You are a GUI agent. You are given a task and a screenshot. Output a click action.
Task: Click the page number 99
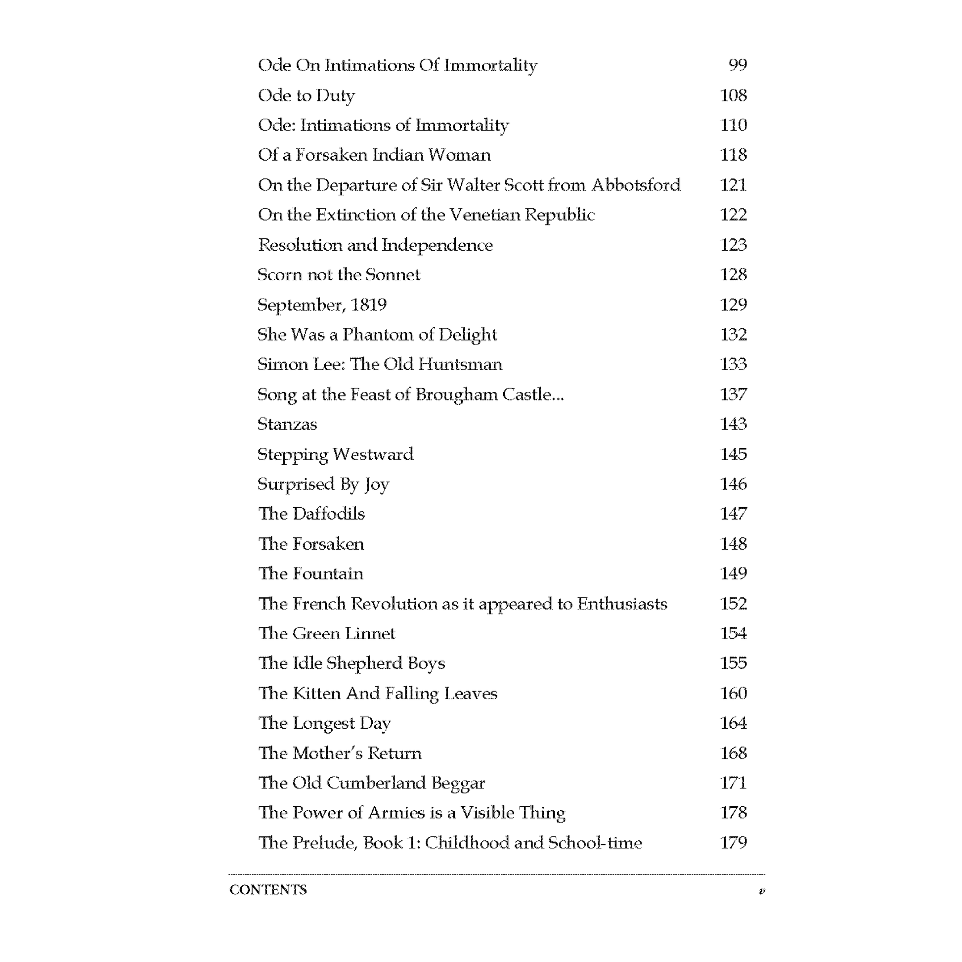coord(738,65)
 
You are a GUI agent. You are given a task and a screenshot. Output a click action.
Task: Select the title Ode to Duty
coord(306,95)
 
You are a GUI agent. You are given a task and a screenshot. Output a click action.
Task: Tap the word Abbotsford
coord(636,185)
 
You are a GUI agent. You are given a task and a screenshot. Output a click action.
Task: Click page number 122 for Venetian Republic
coord(734,215)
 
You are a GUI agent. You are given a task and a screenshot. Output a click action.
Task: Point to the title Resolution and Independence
coord(375,245)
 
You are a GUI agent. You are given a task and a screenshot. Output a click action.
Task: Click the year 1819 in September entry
coord(368,304)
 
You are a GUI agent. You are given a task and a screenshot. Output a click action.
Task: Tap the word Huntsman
coord(460,364)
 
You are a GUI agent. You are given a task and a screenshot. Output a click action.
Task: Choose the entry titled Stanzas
coord(287,424)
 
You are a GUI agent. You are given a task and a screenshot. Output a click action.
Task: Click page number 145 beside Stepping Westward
coord(734,454)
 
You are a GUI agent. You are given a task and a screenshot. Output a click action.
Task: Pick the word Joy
coord(376,484)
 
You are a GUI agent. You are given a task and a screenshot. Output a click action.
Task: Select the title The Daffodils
coord(311,514)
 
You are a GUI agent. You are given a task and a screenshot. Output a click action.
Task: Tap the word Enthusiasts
coord(622,604)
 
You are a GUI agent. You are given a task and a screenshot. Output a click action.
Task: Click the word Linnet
coord(370,633)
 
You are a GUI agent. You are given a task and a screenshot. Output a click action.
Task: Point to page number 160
coord(734,693)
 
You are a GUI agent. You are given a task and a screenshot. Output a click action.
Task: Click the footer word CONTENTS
coord(268,890)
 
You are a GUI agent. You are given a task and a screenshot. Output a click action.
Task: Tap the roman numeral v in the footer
coord(761,891)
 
